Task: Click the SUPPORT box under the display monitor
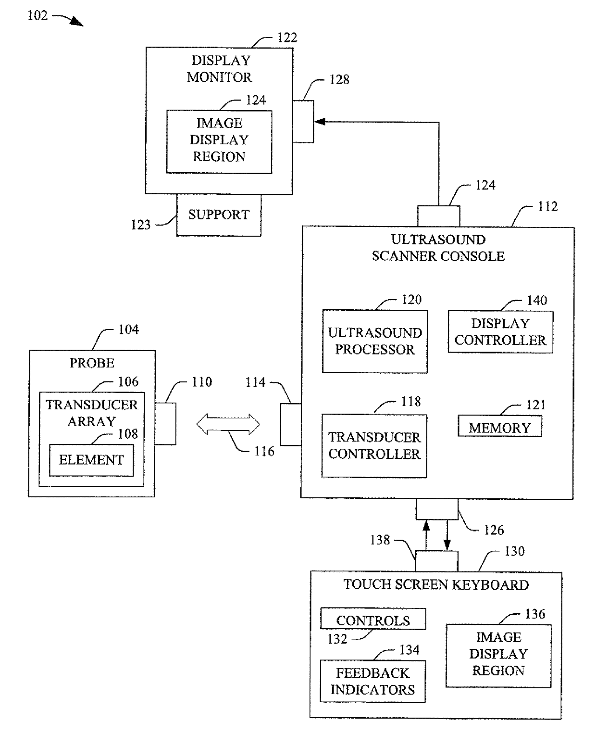pyautogui.click(x=219, y=215)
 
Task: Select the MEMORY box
pyautogui.click(x=499, y=426)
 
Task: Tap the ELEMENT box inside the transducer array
pyautogui.click(x=91, y=460)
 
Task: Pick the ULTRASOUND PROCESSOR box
pyautogui.click(x=374, y=341)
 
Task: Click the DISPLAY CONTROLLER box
pyautogui.click(x=500, y=331)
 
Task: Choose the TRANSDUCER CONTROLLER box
pyautogui.click(x=374, y=445)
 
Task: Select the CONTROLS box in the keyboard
pyautogui.click(x=373, y=619)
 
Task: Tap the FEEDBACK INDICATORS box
pyautogui.click(x=372, y=681)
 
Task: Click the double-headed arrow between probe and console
pyautogui.click(x=228, y=424)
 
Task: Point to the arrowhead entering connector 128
pyautogui.click(x=320, y=122)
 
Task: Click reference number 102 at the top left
pyautogui.click(x=37, y=15)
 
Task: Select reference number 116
pyautogui.click(x=264, y=451)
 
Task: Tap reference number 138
pyautogui.click(x=380, y=540)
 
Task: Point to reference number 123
pyautogui.click(x=140, y=225)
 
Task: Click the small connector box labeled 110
pyautogui.click(x=165, y=423)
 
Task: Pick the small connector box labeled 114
pyautogui.click(x=291, y=424)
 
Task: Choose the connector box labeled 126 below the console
pyautogui.click(x=437, y=508)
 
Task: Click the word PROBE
pyautogui.click(x=92, y=363)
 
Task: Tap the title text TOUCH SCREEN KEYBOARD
pyautogui.click(x=436, y=584)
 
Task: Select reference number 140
pyautogui.click(x=537, y=300)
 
